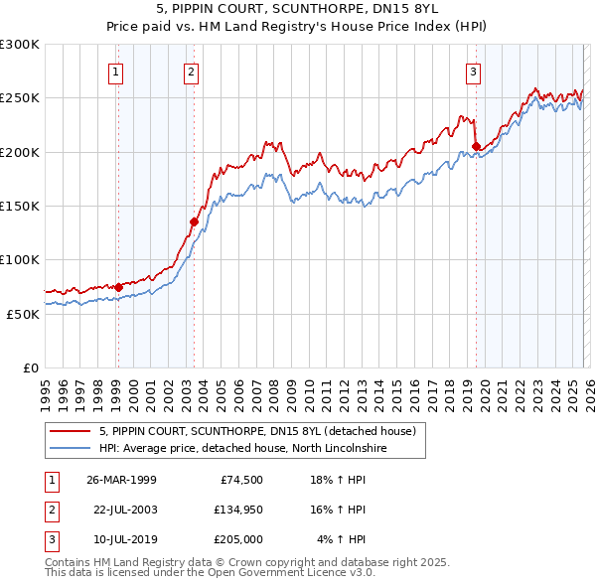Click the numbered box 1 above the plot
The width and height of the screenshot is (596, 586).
pos(116,71)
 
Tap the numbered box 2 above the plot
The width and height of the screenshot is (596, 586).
pos(190,71)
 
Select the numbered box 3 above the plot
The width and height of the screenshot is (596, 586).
pos(474,71)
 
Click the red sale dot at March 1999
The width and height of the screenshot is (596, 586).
pos(118,287)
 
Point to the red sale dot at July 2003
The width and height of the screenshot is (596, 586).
pos(194,221)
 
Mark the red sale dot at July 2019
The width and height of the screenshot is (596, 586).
pos(476,147)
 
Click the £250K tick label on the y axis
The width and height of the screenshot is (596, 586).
pos(20,98)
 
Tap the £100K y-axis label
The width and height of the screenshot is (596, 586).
pos(20,259)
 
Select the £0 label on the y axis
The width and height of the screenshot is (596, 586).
pos(30,367)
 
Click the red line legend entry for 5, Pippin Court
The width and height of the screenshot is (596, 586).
pos(262,431)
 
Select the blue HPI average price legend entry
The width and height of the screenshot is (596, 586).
pos(255,448)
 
